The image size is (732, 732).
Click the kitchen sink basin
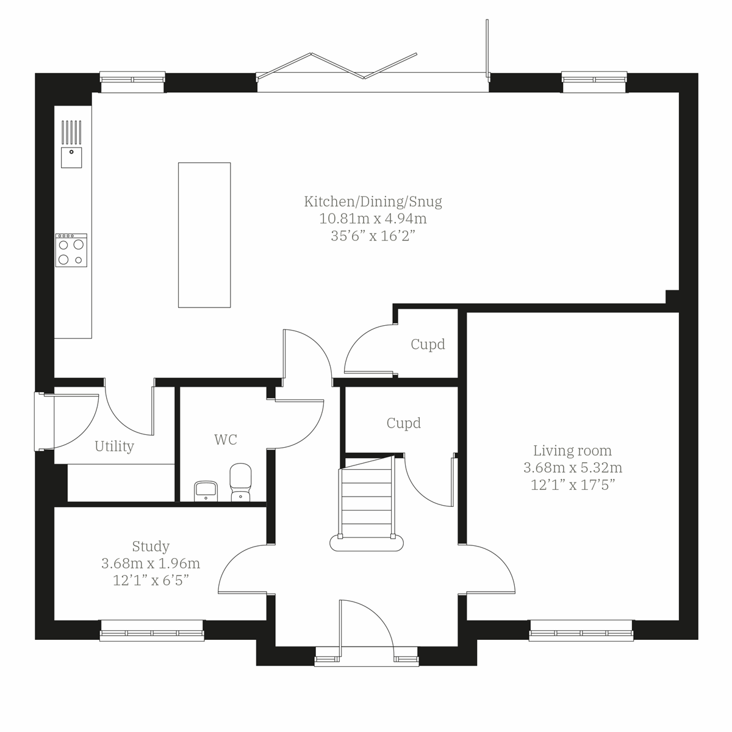point(71,157)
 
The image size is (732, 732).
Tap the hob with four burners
point(71,250)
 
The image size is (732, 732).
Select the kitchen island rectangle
point(204,235)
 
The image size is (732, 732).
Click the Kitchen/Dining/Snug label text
point(373,201)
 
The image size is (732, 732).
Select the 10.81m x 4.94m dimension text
point(373,218)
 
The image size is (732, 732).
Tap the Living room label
point(572,451)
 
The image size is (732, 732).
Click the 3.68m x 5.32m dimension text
point(572,468)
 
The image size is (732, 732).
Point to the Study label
point(151,546)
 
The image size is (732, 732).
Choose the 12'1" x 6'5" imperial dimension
point(151,580)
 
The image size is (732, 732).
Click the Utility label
point(114,447)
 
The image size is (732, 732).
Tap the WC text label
point(225,439)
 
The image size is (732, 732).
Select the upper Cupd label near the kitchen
point(428,345)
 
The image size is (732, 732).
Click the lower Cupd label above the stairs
point(403,423)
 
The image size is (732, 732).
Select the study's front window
point(152,631)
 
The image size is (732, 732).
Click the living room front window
point(581,631)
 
